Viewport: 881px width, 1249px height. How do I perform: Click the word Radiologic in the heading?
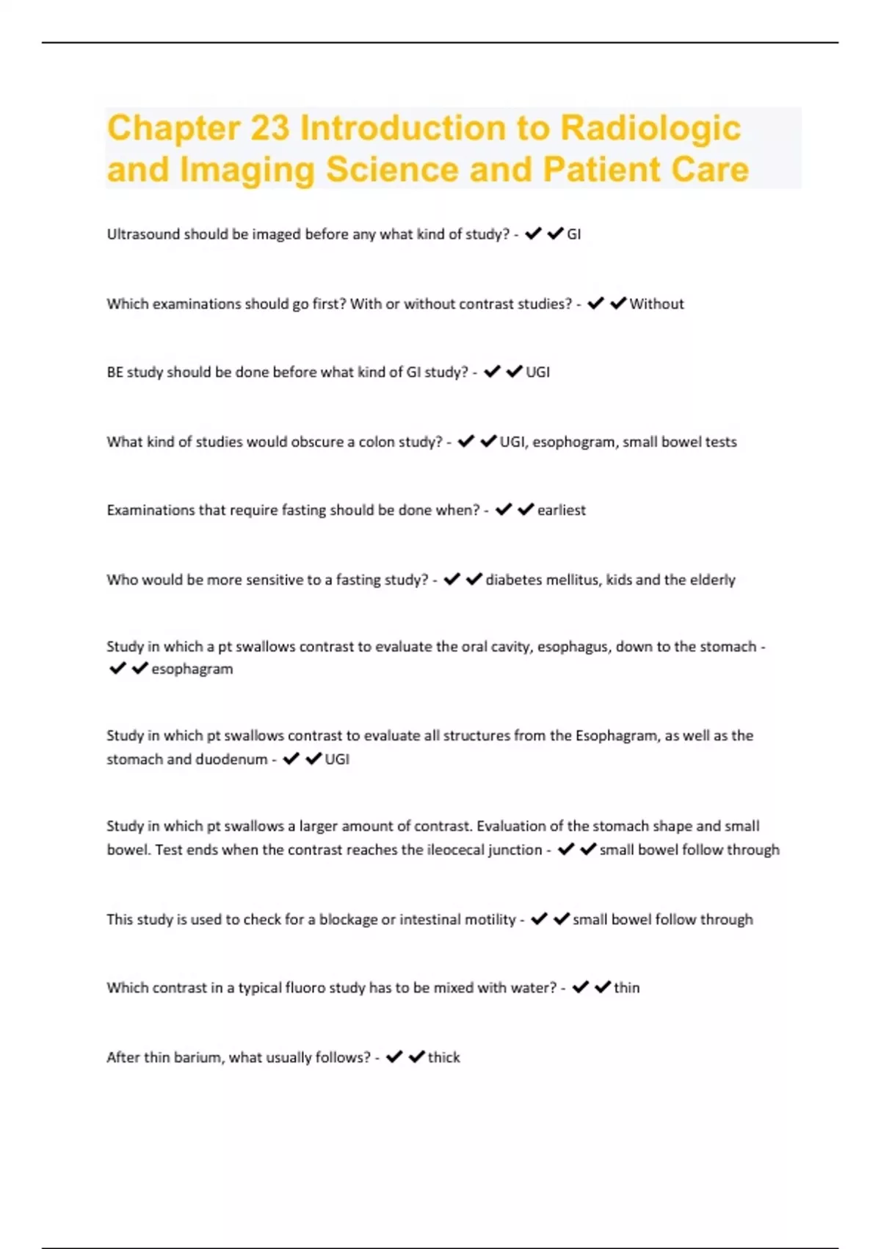650,128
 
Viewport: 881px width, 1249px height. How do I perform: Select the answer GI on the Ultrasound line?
573,234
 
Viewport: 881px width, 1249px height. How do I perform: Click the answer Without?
656,304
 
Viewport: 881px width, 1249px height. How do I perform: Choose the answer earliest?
562,511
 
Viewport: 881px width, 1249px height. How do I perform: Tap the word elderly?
712,580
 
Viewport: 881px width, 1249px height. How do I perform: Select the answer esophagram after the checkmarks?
192,669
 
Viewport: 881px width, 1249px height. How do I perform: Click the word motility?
488,920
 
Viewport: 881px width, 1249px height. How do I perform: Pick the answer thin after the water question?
626,988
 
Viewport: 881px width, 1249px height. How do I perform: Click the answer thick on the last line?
444,1058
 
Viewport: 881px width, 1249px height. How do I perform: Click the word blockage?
348,920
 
